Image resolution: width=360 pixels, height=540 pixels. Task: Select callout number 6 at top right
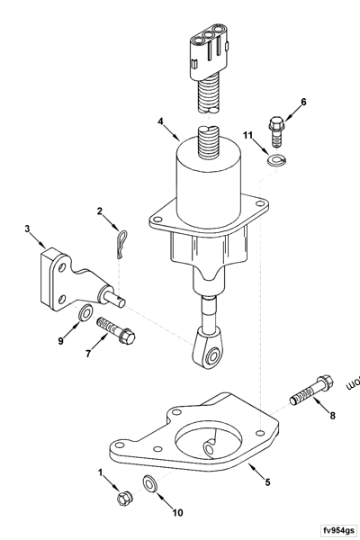click(x=303, y=102)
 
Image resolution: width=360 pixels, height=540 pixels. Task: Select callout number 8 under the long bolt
click(x=331, y=415)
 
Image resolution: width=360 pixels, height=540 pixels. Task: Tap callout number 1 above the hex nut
click(x=101, y=472)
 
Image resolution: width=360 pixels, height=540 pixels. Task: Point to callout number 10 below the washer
click(x=177, y=512)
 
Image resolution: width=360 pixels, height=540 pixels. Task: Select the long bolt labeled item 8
click(x=309, y=390)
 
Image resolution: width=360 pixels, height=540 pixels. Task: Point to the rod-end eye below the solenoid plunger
click(x=212, y=357)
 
